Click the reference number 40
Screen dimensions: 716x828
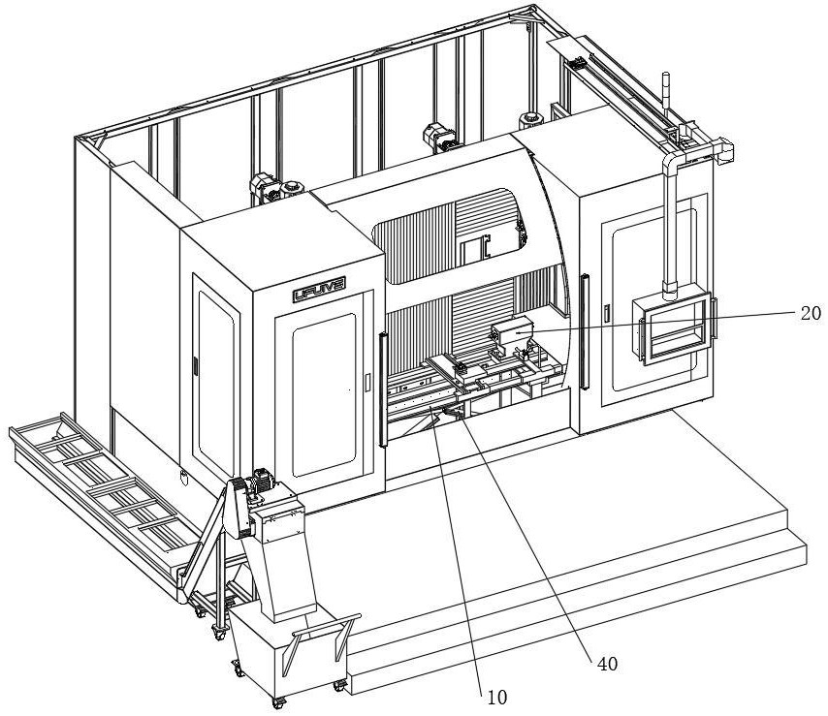[608, 664]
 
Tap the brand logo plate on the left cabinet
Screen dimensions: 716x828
[320, 290]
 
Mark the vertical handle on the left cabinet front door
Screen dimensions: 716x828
[366, 384]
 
